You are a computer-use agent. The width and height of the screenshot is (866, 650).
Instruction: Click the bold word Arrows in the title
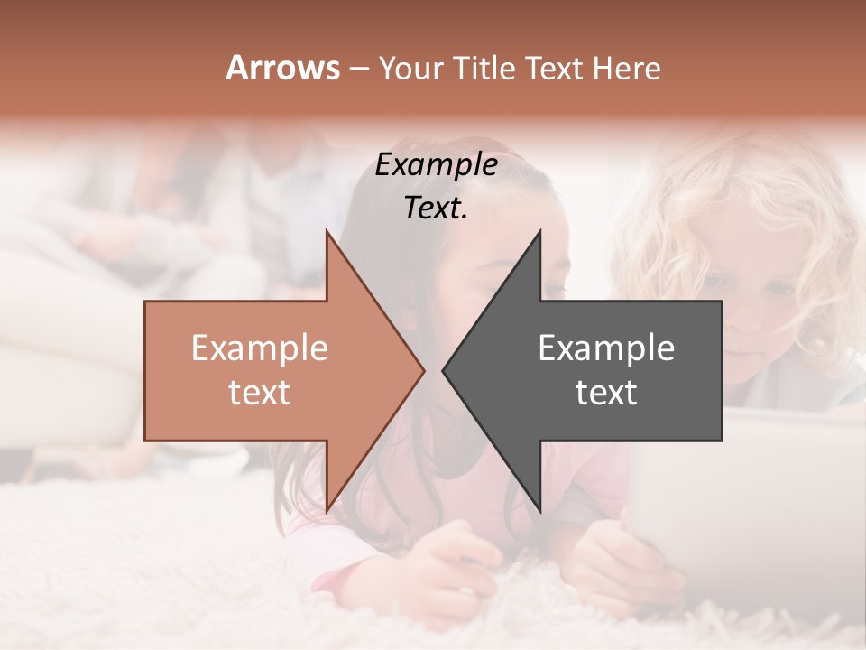click(283, 68)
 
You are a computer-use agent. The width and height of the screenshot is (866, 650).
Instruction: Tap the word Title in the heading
click(474, 69)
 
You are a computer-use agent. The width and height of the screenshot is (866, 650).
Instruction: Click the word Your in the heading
click(411, 69)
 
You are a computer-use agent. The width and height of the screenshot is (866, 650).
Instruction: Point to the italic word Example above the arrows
click(436, 165)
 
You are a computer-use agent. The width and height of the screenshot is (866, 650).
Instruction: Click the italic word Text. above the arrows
click(436, 209)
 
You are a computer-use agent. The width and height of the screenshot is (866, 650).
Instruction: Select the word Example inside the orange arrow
click(260, 348)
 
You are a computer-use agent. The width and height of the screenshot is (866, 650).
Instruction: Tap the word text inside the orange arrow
click(260, 392)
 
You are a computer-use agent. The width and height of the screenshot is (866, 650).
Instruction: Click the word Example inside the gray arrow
click(606, 348)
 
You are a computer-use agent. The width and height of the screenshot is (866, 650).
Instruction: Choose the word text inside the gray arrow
click(606, 392)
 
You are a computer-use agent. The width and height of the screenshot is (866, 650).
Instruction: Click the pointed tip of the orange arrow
click(423, 370)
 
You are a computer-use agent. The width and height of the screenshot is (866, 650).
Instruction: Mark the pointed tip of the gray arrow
click(443, 370)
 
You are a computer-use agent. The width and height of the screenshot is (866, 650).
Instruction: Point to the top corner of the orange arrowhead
click(327, 233)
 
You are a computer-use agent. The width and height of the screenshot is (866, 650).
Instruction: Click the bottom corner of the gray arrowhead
click(539, 510)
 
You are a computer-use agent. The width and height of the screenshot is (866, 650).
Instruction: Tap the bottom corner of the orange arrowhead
click(327, 510)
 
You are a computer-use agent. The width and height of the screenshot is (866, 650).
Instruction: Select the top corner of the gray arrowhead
click(539, 233)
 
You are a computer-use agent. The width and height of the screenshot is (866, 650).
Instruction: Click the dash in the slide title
click(358, 69)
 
